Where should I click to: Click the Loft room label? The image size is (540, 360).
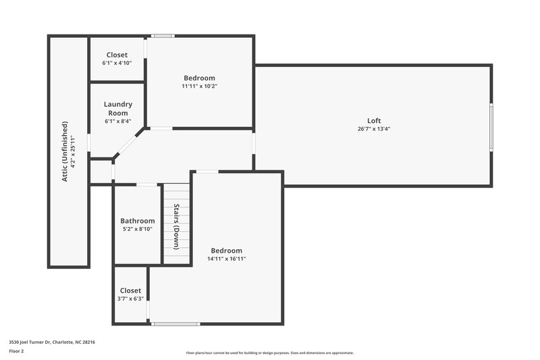[x=374, y=121]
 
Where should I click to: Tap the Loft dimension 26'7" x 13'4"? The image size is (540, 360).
[x=374, y=129]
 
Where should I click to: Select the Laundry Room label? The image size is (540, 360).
[x=118, y=109]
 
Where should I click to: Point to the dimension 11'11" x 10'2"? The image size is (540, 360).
[x=199, y=86]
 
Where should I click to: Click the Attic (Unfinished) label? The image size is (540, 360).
[x=65, y=151]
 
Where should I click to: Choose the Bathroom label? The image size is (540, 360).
[x=138, y=221]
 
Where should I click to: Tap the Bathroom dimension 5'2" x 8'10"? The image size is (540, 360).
[x=138, y=229]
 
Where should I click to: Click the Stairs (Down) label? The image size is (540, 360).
[x=176, y=226]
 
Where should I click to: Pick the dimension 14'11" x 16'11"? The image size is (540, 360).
[x=226, y=259]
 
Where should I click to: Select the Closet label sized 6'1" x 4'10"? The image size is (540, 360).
[x=117, y=55]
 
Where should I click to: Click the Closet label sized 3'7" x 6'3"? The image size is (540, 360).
[x=130, y=290]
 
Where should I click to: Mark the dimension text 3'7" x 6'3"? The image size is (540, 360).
[x=130, y=299]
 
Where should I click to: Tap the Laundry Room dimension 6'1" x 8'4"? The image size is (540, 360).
[x=118, y=122]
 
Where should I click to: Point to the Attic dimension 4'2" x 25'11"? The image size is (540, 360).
[x=74, y=151]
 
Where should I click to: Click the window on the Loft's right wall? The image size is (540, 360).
[x=491, y=127]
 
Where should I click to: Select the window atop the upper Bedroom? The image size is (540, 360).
[x=162, y=36]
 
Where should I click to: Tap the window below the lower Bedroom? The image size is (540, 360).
[x=175, y=324]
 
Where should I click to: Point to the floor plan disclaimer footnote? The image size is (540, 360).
[x=269, y=353]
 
